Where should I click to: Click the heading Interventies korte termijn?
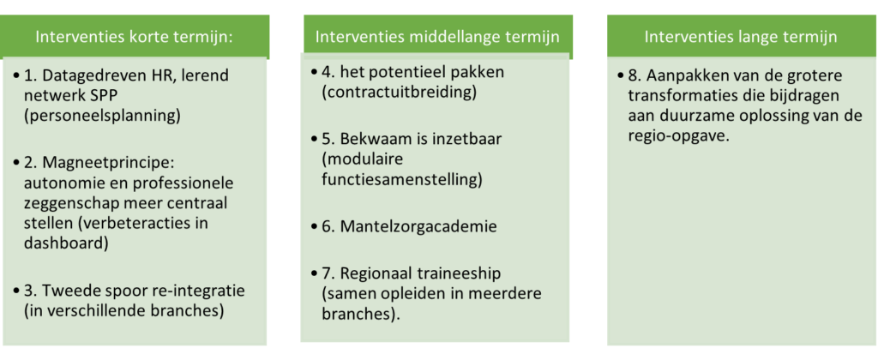click(x=134, y=38)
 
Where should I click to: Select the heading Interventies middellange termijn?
click(x=437, y=38)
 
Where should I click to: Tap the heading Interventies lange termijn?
click(x=741, y=38)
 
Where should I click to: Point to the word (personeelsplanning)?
click(x=103, y=116)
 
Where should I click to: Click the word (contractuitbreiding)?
click(x=399, y=93)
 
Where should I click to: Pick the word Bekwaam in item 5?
click(x=373, y=139)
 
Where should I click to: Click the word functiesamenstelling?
click(x=402, y=180)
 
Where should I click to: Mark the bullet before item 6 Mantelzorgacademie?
click(x=316, y=227)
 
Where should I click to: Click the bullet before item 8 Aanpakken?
click(x=621, y=76)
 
